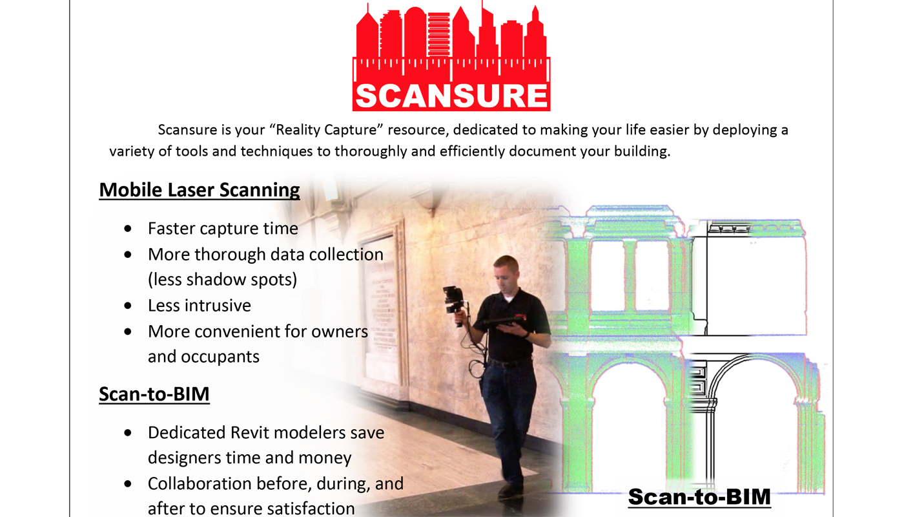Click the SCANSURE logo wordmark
tap(451, 95)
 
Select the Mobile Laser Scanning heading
tap(200, 190)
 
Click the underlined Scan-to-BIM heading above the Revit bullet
tap(154, 394)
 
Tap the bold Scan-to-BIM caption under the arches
tap(699, 497)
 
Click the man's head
tap(506, 271)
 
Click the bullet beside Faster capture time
tap(130, 229)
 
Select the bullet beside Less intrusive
tap(130, 306)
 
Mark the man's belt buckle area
tap(510, 363)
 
